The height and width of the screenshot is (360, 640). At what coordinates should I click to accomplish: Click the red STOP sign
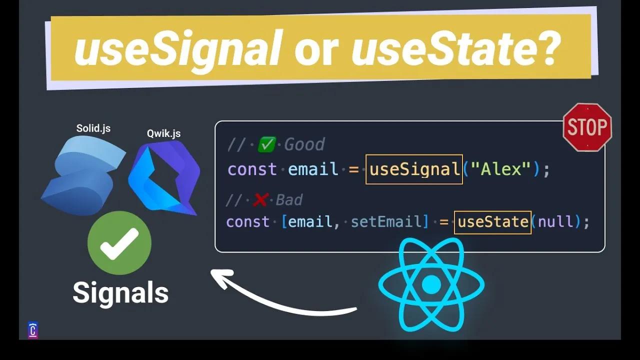(x=587, y=127)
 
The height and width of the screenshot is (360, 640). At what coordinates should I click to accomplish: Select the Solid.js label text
(x=93, y=128)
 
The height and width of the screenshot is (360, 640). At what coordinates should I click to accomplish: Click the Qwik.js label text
(x=163, y=133)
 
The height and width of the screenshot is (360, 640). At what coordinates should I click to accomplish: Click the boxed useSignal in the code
(x=414, y=169)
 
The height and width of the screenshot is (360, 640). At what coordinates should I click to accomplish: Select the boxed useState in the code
(x=492, y=221)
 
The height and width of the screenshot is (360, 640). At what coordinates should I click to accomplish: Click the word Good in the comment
(x=304, y=145)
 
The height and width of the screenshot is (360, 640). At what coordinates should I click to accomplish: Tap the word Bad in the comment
(x=289, y=200)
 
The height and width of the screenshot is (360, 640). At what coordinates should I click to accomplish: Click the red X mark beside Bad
(x=260, y=200)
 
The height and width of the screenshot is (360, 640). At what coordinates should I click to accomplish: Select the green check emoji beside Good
(x=267, y=145)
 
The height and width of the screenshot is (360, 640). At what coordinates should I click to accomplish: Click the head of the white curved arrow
(x=220, y=276)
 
